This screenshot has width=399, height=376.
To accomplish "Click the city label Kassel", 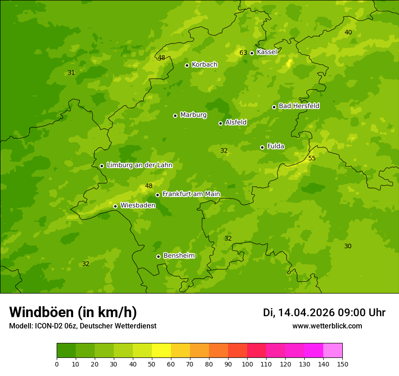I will [x=267, y=52].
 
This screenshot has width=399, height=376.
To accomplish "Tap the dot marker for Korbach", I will [x=187, y=65].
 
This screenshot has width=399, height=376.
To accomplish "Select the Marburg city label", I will [x=193, y=115].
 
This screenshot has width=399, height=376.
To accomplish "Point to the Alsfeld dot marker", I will [x=220, y=123].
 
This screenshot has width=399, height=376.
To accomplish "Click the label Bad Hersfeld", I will [x=299, y=106].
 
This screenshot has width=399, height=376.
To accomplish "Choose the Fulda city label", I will [x=276, y=146].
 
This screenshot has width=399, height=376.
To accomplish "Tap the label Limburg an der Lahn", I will [x=139, y=165].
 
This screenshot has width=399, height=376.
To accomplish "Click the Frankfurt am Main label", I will [x=191, y=194].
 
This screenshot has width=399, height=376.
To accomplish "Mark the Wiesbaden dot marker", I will [x=115, y=206].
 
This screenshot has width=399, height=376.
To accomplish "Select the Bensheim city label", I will [x=179, y=255].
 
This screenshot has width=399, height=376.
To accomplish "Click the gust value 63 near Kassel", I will [x=243, y=53].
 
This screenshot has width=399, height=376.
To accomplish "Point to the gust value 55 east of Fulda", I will [x=312, y=158].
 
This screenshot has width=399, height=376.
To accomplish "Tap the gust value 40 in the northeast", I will [x=348, y=32].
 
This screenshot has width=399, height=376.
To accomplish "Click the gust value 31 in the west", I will [x=71, y=72].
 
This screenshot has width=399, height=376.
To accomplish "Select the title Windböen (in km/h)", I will [x=73, y=312].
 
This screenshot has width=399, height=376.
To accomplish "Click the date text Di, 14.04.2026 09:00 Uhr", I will [x=324, y=313].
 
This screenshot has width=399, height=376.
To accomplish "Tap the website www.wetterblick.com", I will [x=327, y=326].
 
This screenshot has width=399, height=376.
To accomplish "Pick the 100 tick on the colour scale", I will [x=247, y=364].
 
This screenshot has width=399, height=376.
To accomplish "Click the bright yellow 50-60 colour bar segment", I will [x=161, y=351].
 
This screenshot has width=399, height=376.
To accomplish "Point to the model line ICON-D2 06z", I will [x=83, y=326].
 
